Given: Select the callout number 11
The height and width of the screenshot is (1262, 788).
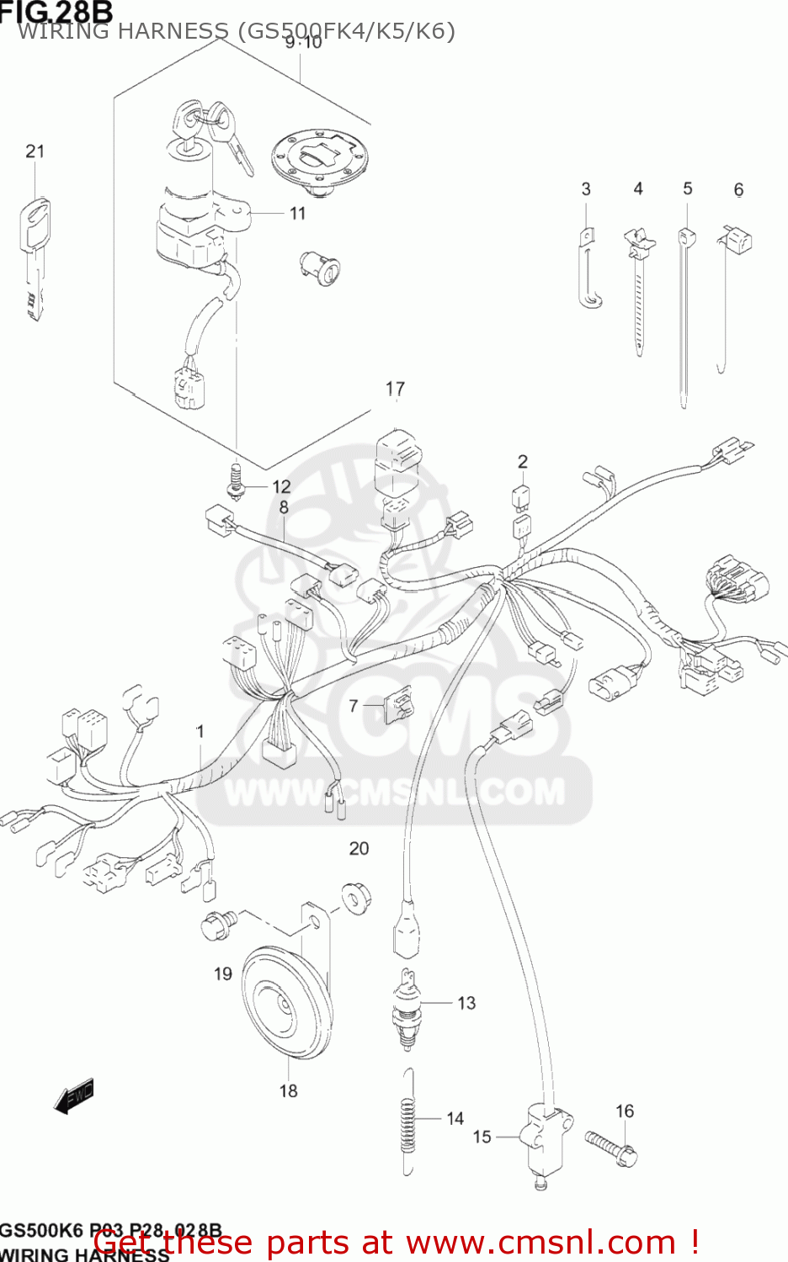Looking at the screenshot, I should point(297,214).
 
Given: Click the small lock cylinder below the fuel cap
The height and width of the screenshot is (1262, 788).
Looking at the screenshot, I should point(320,267).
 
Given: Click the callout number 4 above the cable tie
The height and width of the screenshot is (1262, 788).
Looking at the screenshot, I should point(638,189).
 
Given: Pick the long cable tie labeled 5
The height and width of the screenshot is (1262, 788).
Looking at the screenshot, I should point(684,320).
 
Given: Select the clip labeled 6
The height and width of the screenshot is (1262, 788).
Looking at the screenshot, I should point(735,243).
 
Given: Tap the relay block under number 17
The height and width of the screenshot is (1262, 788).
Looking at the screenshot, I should point(396,463).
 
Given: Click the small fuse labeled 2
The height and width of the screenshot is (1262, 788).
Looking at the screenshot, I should point(522,497).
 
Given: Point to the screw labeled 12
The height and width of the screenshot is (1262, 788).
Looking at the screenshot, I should point(234,481).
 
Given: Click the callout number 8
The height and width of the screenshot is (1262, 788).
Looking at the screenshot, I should point(284,507).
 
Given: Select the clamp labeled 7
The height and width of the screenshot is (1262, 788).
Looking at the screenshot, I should point(398,705).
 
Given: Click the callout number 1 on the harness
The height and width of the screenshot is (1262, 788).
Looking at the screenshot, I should point(200,732).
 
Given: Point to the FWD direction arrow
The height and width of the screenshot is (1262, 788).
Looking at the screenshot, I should point(74,1096).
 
